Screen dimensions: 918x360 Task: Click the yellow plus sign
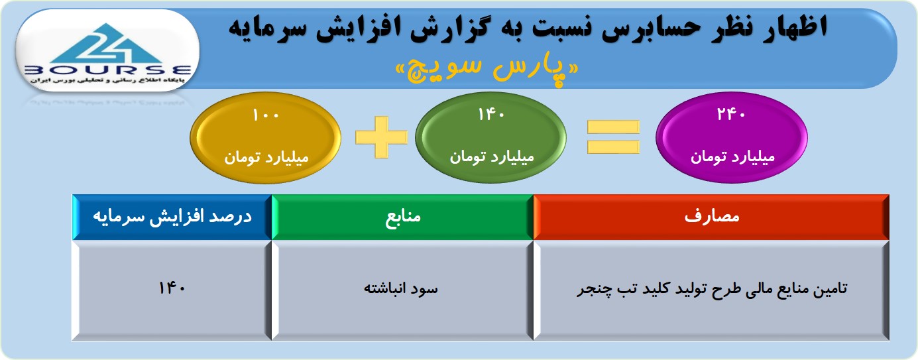(x=381, y=137)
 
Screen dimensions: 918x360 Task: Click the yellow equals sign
(x=613, y=137)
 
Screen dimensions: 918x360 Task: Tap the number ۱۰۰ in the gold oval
(x=266, y=115)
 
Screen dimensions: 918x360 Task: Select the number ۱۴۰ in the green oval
(x=491, y=115)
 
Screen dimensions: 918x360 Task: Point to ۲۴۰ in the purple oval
(x=731, y=114)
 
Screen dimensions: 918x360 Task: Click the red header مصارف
(x=711, y=217)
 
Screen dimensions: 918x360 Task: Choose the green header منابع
(x=402, y=217)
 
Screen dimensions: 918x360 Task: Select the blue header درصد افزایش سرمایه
(x=172, y=217)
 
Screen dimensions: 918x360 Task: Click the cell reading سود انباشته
(x=402, y=290)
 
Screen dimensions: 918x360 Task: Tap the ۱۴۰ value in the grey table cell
(x=172, y=288)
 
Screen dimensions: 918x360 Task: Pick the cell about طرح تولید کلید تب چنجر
(x=711, y=290)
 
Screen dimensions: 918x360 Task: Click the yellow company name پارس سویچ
(x=487, y=70)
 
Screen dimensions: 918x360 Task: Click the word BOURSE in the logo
(x=108, y=70)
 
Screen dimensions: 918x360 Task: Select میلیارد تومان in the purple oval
(x=732, y=157)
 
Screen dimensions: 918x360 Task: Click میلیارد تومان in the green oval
(x=492, y=157)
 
